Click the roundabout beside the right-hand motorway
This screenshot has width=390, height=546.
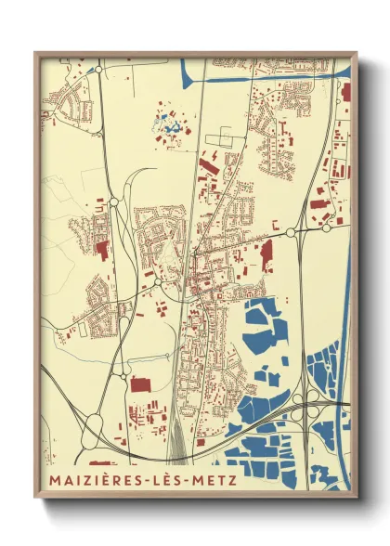point(290,231)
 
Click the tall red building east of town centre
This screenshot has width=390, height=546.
point(267,253)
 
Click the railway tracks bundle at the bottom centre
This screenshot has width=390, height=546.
point(176,436)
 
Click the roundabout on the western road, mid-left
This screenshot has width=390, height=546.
point(113,201)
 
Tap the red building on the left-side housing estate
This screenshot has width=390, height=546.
point(101,248)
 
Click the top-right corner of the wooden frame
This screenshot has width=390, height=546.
point(357,53)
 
